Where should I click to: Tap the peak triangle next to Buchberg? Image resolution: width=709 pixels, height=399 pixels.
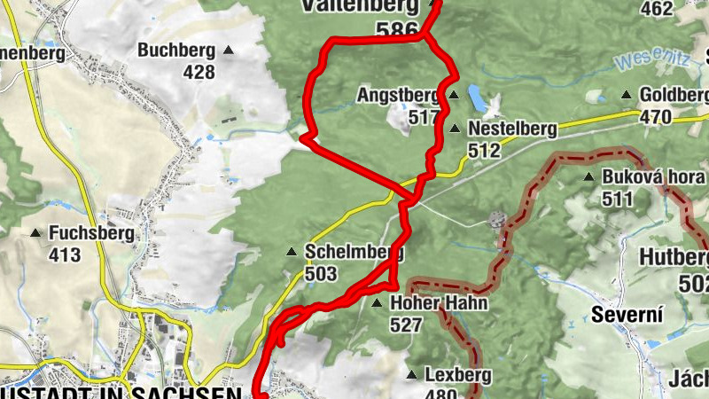(x=229, y=51)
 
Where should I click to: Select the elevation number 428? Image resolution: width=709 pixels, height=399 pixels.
(x=199, y=72)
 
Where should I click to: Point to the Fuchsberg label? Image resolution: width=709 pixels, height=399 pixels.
(x=92, y=234)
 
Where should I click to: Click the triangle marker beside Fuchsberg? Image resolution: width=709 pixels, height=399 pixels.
(x=35, y=234)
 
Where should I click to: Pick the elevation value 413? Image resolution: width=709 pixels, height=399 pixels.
(x=65, y=256)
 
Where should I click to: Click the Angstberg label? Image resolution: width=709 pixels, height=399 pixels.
(x=398, y=94)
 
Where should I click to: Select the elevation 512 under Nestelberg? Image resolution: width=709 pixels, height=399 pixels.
(x=484, y=151)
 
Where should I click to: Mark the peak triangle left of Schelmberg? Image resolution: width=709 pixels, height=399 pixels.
(x=291, y=252)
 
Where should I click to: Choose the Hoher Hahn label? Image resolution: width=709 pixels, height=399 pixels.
(x=439, y=303)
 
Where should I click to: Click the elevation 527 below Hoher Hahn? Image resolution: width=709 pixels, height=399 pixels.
(x=406, y=325)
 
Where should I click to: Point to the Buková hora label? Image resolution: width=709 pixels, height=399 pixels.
(x=652, y=176)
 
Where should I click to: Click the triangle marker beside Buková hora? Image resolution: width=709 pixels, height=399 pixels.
(x=588, y=176)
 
